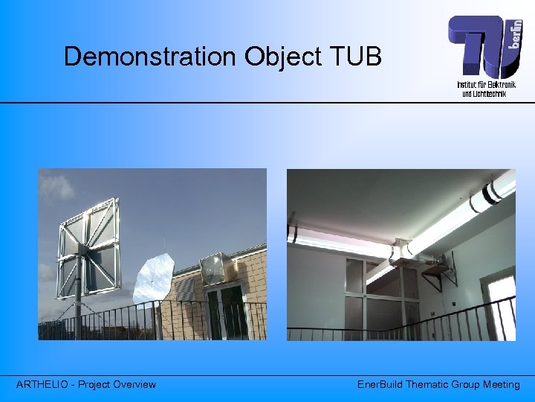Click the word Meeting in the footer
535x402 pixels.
tap(501, 384)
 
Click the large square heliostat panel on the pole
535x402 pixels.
tap(87, 246)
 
